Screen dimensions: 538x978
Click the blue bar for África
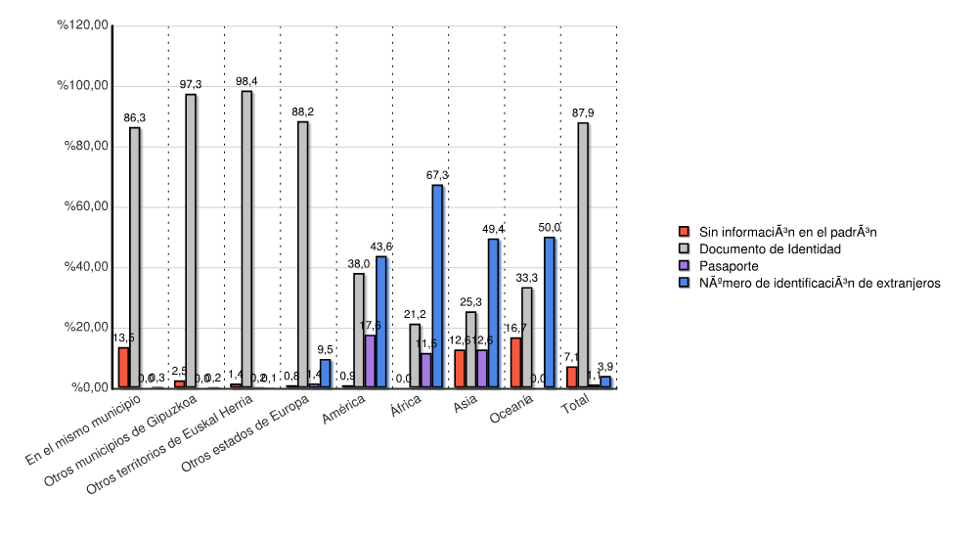437,286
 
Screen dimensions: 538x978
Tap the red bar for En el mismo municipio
123,367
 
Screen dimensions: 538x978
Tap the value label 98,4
246,80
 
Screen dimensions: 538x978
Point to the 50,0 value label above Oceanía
550,227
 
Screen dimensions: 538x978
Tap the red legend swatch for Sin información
686,232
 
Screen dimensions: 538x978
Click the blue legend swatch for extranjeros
686,283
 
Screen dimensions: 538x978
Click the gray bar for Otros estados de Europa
303,254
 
